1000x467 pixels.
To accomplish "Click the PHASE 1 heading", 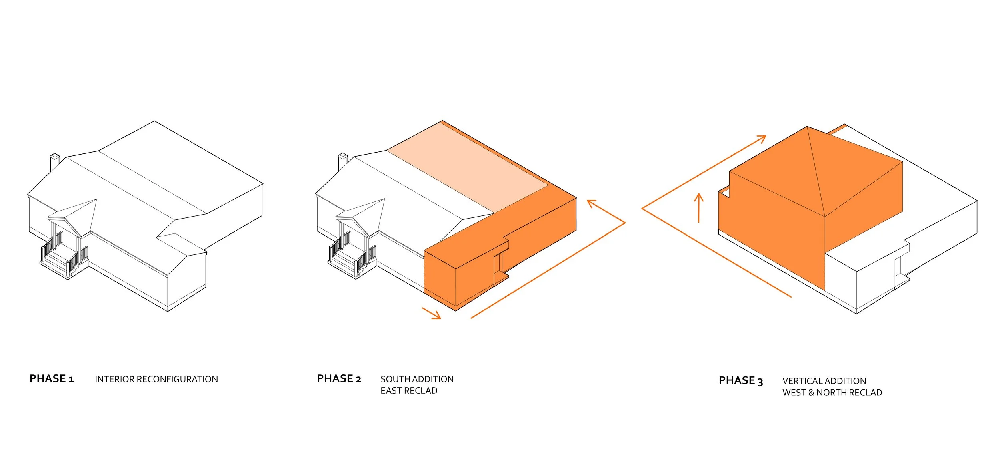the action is click(52, 379).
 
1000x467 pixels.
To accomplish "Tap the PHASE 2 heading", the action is click(339, 379).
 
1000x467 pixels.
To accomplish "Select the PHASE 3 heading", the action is click(740, 381).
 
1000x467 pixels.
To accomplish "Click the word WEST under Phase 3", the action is click(794, 393).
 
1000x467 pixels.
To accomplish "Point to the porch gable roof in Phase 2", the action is click(362, 214).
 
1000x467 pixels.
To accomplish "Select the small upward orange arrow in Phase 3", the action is click(699, 207).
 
